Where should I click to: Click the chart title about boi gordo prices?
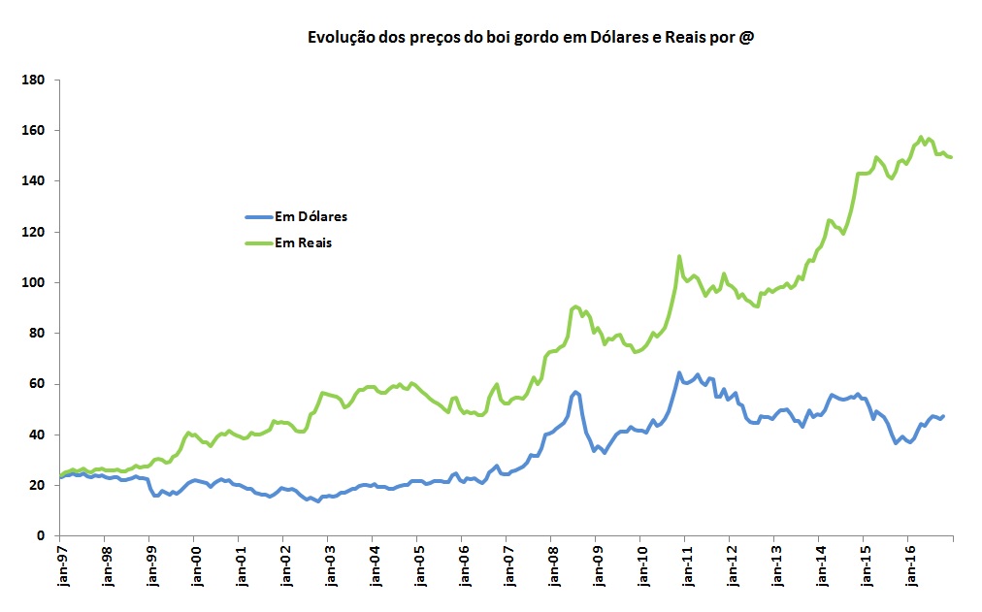[531, 38]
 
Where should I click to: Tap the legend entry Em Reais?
[303, 243]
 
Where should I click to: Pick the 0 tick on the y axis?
[44, 536]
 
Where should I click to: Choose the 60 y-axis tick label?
[39, 384]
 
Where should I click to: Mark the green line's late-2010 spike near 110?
[679, 256]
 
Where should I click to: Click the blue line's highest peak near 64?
[679, 372]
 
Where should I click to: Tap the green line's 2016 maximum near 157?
[921, 138]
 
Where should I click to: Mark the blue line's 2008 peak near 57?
[575, 392]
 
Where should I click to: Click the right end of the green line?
[951, 157]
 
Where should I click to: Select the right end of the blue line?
[942, 416]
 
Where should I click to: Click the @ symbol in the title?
[745, 38]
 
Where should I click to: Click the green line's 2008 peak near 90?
[576, 306]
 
